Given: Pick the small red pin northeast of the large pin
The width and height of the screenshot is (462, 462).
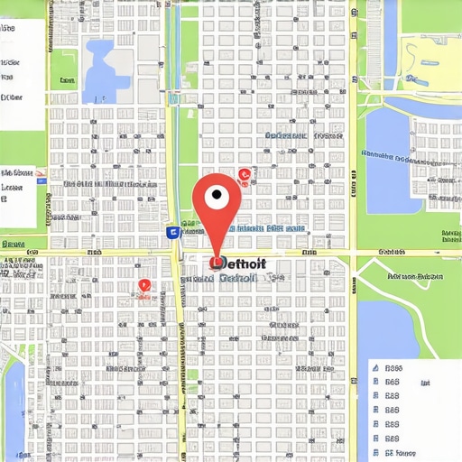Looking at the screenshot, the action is (x=243, y=175).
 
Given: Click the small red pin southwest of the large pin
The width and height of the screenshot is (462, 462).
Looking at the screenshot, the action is (x=143, y=287).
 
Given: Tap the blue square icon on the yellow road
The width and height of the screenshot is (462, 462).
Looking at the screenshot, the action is (x=172, y=232).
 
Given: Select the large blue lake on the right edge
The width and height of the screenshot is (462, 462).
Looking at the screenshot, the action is (x=389, y=149).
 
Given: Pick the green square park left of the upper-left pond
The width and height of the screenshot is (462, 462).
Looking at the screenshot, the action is (x=63, y=68).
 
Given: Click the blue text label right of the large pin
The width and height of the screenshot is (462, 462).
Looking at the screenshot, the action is (x=267, y=229).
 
